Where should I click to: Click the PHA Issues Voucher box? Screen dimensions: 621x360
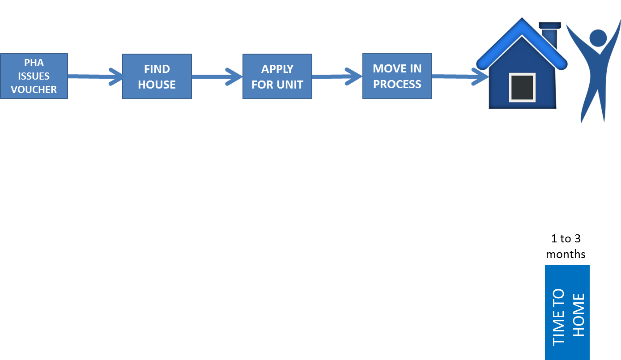(34, 76)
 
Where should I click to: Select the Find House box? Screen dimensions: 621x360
(157, 76)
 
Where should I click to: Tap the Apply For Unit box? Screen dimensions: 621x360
(277, 76)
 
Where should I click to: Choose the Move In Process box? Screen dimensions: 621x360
(397, 76)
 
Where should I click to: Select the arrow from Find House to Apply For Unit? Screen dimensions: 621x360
(217, 76)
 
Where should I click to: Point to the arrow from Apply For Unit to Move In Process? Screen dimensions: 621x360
(337, 76)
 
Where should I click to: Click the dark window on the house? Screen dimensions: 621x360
(522, 88)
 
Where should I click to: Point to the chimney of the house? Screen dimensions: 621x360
(550, 34)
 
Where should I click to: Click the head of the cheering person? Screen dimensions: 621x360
(598, 38)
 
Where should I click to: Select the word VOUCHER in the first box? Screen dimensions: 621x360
(34, 89)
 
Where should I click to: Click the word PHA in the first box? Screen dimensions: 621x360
(34, 63)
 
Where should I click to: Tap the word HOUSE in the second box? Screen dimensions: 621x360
(157, 85)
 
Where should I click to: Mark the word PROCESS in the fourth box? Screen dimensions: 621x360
(397, 84)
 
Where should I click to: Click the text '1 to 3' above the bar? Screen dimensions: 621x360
(566, 238)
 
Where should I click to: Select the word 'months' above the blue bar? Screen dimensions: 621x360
(566, 254)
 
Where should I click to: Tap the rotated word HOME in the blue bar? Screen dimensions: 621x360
(579, 315)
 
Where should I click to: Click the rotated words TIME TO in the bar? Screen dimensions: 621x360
(558, 317)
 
